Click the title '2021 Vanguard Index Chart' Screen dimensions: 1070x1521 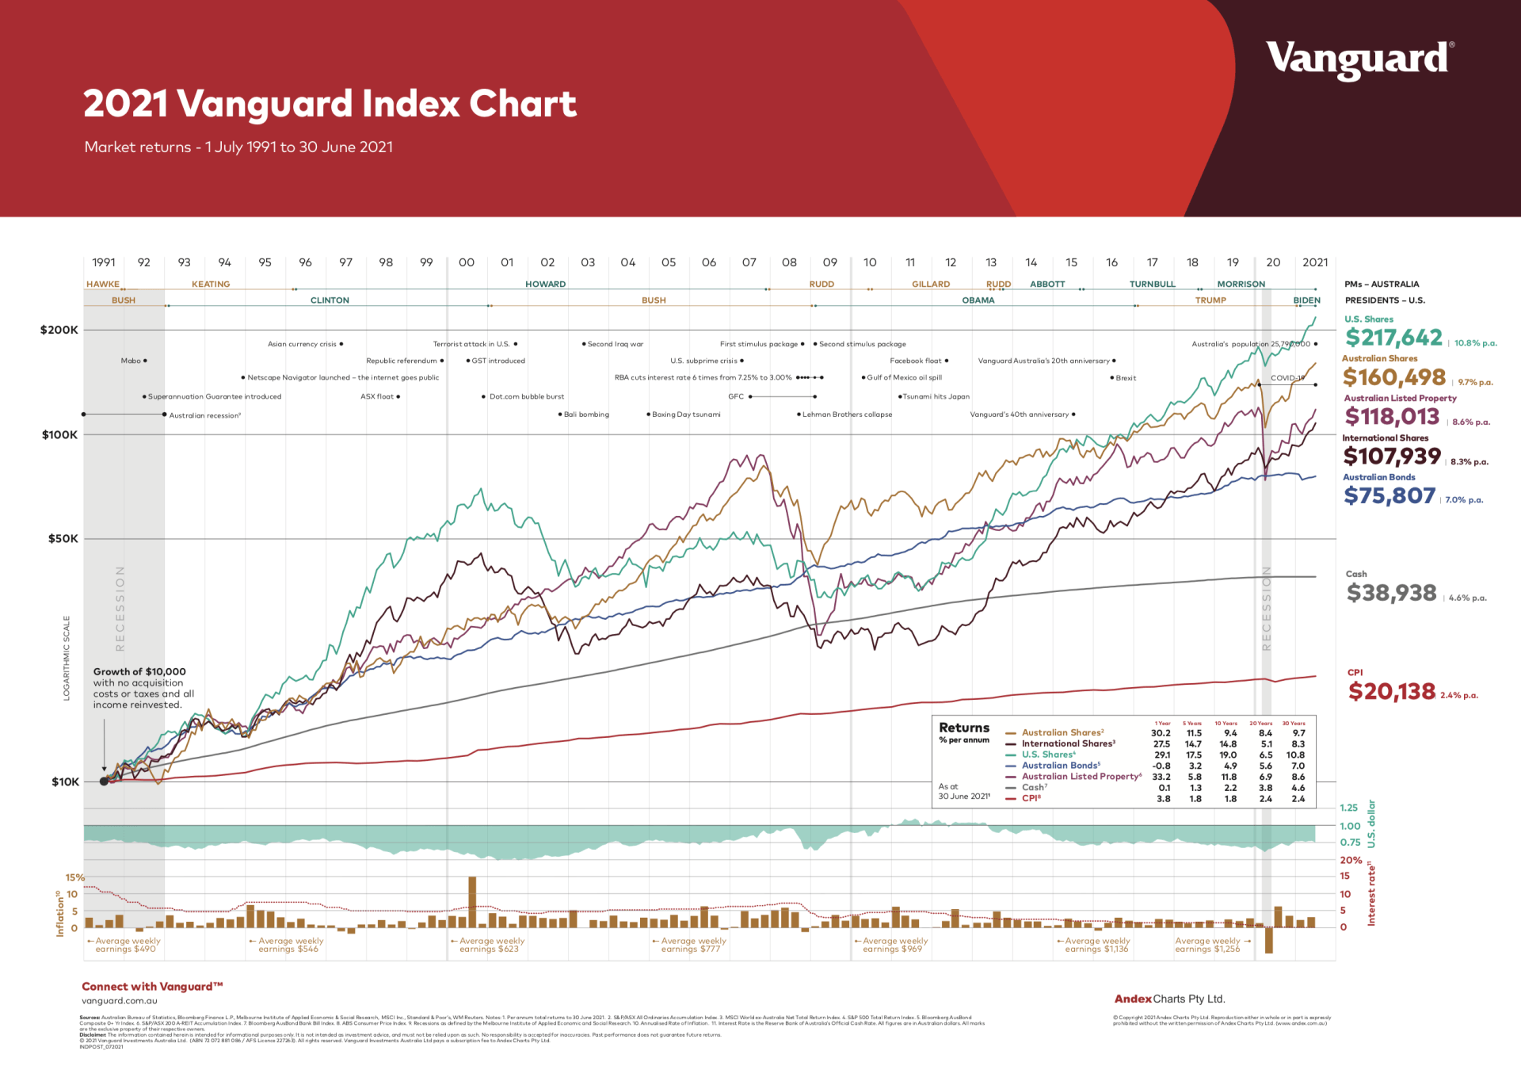330,104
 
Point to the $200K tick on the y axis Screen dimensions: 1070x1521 60,330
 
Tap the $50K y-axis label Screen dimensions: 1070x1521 63,539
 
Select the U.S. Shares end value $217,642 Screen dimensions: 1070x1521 1393,338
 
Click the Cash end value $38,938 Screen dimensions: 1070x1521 1391,593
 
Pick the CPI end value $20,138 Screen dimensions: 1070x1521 1392,692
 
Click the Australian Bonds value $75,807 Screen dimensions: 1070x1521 1389,496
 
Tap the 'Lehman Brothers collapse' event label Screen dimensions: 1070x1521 847,415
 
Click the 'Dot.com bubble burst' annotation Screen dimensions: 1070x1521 527,396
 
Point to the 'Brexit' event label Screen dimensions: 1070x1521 1126,378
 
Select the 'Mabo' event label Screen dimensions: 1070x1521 131,361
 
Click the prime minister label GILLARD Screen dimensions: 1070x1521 931,284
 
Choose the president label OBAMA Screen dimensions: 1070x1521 978,300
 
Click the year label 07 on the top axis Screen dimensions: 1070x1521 749,262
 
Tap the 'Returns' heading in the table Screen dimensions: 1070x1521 964,728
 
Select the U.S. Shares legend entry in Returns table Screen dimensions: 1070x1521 1047,755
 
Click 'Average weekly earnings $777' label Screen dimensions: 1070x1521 690,945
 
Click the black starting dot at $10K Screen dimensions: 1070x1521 104,781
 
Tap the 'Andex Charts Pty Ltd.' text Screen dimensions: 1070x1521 1169,999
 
